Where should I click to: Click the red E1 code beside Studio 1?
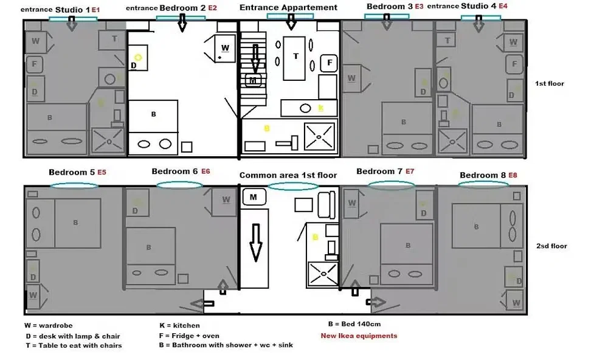point(95,10)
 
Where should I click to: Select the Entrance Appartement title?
point(288,8)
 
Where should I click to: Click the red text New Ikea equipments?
point(359,336)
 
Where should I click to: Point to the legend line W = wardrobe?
point(48,326)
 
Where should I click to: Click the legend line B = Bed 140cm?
point(354,324)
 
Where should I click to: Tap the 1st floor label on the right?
point(550,83)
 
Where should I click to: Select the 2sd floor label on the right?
point(551,246)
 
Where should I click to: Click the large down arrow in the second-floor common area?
point(254,242)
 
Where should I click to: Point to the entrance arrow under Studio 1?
point(72,24)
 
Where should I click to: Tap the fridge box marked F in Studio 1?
point(35,64)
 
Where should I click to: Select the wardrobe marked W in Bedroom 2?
point(224,47)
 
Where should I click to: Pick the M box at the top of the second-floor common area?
point(254,196)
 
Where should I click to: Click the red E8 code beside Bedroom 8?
point(514,176)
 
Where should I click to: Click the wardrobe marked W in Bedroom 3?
point(351,78)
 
